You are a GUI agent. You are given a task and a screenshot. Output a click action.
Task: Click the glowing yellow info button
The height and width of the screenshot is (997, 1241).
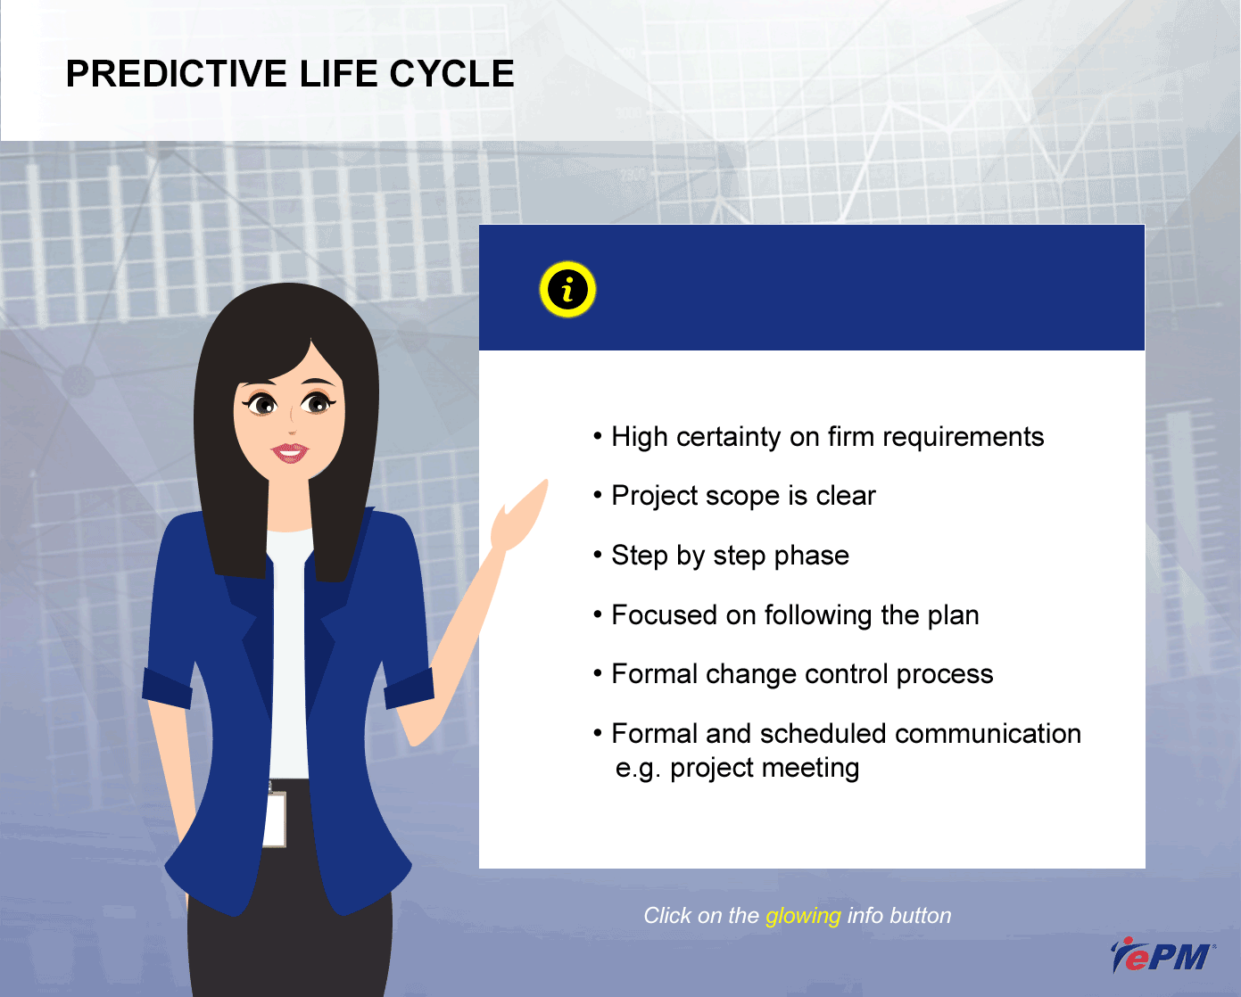(x=567, y=290)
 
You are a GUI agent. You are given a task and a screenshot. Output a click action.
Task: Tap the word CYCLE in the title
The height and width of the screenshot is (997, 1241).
(x=451, y=74)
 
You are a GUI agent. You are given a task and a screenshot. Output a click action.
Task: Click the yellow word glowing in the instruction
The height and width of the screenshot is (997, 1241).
(x=803, y=916)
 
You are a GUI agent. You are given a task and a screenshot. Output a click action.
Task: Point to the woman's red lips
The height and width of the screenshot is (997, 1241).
(x=289, y=453)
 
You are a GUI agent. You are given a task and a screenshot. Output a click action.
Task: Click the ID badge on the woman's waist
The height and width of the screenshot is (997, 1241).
(x=275, y=819)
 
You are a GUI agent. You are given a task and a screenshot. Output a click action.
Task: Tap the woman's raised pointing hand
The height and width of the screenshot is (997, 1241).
(x=519, y=516)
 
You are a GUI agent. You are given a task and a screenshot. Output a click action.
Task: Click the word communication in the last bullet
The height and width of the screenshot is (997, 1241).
(x=988, y=734)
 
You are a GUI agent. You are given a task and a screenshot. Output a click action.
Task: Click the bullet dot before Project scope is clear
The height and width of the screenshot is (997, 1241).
(x=598, y=495)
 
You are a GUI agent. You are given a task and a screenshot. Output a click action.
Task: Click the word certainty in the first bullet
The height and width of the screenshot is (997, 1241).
(x=729, y=438)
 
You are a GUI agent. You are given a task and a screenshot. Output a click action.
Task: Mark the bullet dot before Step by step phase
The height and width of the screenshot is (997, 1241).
(x=598, y=555)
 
